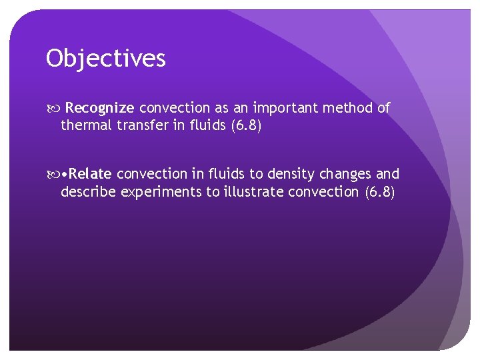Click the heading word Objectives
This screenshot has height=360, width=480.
click(x=106, y=59)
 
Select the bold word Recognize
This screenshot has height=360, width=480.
click(x=101, y=108)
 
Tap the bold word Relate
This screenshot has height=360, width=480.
click(x=90, y=175)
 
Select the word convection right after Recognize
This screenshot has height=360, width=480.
click(x=173, y=108)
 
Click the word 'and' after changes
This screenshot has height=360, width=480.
click(x=388, y=175)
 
